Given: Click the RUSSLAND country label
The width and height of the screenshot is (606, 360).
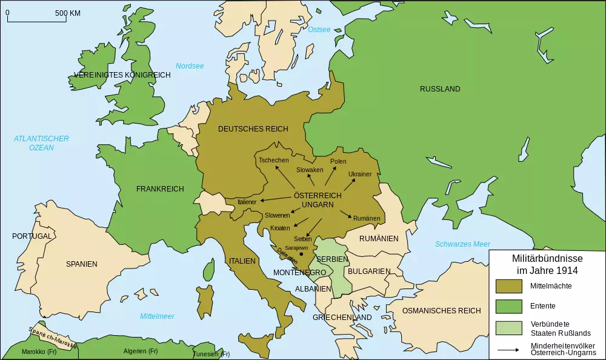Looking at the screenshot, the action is pyautogui.click(x=440, y=89).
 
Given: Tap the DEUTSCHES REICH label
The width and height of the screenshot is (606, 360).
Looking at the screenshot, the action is pyautogui.click(x=253, y=128).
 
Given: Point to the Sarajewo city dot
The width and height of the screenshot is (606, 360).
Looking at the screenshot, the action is pyautogui.click(x=301, y=254).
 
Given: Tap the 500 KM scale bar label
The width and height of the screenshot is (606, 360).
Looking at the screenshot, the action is pyautogui.click(x=67, y=13).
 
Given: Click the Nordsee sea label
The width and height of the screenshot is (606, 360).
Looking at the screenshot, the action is pyautogui.click(x=190, y=66).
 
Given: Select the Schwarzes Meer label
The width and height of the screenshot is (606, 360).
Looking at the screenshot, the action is pyautogui.click(x=462, y=244).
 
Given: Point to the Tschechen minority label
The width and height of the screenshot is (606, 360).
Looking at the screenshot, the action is pyautogui.click(x=273, y=161).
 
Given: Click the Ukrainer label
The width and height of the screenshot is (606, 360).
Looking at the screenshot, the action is pyautogui.click(x=359, y=175).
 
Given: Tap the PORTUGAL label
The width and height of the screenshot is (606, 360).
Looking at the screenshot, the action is pyautogui.click(x=32, y=236).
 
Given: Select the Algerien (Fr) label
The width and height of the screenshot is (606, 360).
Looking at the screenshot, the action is pyautogui.click(x=140, y=352).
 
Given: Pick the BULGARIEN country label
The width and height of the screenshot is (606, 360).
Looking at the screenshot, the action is pyautogui.click(x=368, y=272).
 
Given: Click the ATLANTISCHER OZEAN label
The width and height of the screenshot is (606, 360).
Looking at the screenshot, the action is pyautogui.click(x=41, y=143).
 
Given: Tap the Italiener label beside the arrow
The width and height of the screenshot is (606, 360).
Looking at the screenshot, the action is pyautogui.click(x=247, y=202).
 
